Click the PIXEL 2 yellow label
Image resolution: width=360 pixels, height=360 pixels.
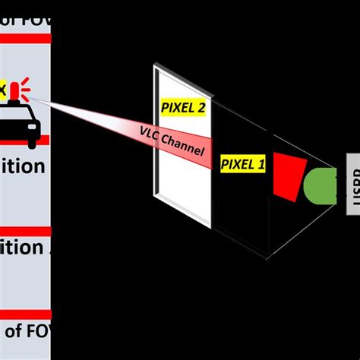(182, 107)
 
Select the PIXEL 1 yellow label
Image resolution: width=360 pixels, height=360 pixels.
(243, 163)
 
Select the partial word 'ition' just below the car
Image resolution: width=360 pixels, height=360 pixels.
(23, 166)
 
